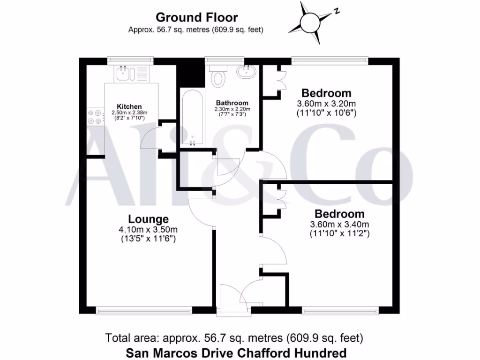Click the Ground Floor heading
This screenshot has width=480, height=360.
196,18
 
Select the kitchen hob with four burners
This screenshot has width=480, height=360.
95,116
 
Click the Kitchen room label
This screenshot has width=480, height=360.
129,106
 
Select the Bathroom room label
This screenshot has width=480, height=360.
232,103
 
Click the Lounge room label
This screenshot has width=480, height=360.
148,219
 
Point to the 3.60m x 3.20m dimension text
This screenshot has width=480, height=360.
326,104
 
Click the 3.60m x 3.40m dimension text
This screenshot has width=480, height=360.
339,224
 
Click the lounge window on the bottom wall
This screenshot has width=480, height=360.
144,310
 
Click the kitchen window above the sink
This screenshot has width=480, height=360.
130,60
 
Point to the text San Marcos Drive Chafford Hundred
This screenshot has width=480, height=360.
237,352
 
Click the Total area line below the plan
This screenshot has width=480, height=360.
234,337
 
